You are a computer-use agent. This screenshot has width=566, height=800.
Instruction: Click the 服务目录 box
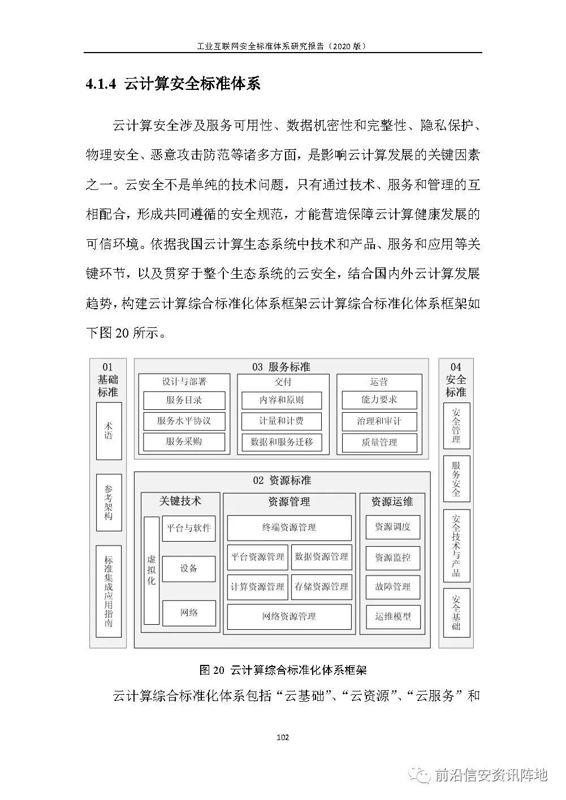(x=184, y=400)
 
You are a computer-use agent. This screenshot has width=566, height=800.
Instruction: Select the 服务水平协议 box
(x=184, y=421)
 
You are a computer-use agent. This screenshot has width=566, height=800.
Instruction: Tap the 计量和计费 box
(x=282, y=421)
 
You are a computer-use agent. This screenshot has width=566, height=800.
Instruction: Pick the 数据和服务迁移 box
(x=282, y=442)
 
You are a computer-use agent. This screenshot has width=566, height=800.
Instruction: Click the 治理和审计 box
(x=379, y=421)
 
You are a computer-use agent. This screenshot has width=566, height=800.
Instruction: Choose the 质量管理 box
(x=379, y=443)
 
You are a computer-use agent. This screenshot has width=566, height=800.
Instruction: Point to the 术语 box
(x=109, y=431)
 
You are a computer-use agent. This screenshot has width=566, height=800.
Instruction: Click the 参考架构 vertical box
(x=109, y=503)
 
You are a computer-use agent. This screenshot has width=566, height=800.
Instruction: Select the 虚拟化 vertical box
(x=152, y=570)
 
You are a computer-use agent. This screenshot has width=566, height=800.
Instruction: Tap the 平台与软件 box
(x=189, y=528)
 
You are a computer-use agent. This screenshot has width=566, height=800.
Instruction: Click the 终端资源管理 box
(x=290, y=527)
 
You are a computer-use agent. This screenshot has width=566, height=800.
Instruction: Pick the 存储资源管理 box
(x=321, y=587)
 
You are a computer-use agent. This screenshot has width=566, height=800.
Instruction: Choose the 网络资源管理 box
(x=290, y=616)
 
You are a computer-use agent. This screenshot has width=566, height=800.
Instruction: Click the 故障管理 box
(x=393, y=587)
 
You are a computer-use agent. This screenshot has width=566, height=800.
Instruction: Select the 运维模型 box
(x=393, y=617)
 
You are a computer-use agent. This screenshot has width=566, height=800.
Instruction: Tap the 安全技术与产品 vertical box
(x=456, y=546)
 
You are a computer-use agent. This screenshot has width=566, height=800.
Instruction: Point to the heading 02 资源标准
(x=282, y=481)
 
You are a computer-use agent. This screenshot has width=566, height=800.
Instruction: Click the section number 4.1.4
(x=101, y=84)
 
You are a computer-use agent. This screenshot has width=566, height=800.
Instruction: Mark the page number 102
(x=283, y=737)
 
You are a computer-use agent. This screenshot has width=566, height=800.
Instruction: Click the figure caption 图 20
(x=212, y=670)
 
